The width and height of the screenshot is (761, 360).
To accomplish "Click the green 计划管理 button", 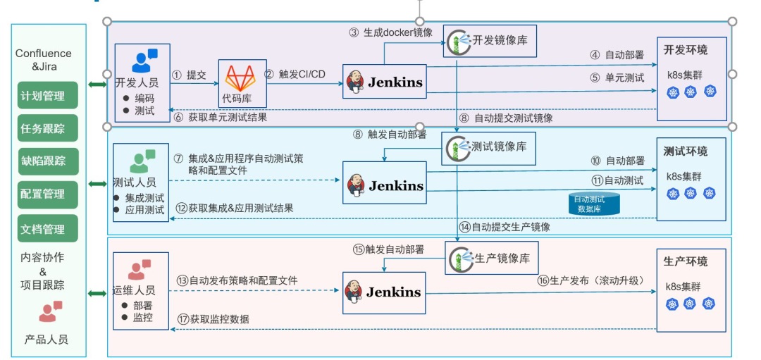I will point(48,96).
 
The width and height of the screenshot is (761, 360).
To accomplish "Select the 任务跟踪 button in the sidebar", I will point(48,129).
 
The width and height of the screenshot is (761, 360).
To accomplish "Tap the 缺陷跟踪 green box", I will point(48,161).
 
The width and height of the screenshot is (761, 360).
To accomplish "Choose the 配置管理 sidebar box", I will point(48,194).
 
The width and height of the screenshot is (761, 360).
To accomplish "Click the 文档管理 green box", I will point(48,228).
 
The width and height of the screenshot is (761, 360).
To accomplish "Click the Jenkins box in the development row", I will point(385,81).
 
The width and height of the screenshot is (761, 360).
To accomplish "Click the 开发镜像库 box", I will point(485,41).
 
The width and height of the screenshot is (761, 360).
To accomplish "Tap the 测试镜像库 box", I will point(485,147).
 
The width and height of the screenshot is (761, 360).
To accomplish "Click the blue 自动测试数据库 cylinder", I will point(594,203).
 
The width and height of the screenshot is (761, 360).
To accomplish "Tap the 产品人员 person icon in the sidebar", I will point(50,310).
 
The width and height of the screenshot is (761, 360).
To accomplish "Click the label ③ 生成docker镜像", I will point(391,32).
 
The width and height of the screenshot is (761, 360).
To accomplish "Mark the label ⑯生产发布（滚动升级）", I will point(591,280).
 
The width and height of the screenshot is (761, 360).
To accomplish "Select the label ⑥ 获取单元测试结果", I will point(221,118).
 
